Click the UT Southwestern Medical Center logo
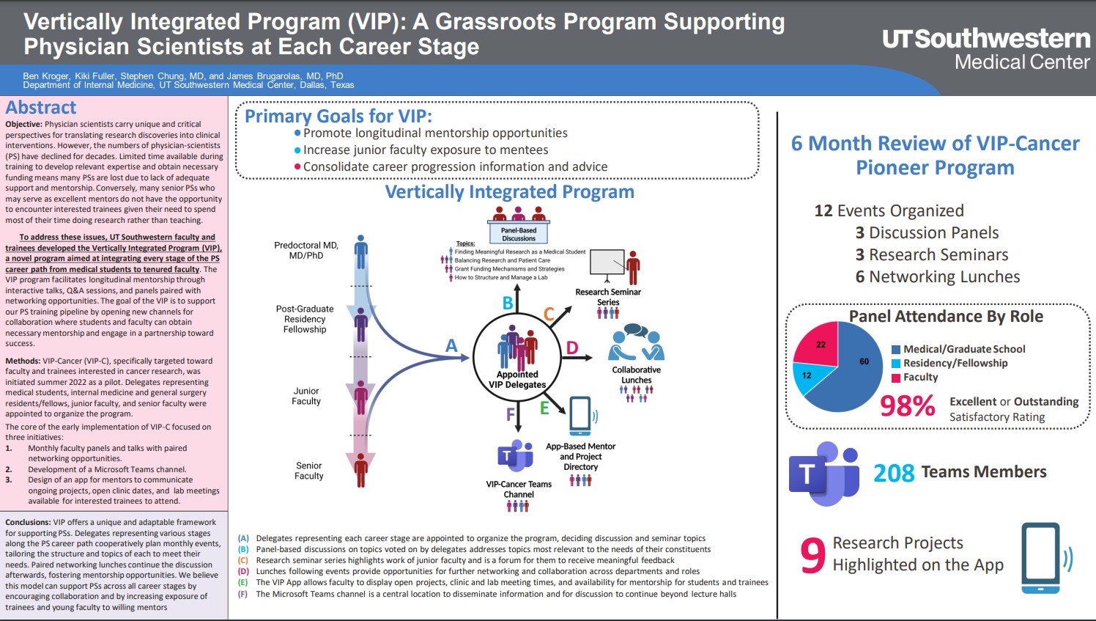(985, 48)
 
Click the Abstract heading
(41, 108)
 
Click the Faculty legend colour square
(895, 378)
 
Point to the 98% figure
(907, 405)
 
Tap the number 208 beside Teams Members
(893, 474)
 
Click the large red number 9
(812, 555)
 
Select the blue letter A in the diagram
(451, 345)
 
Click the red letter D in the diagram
(572, 348)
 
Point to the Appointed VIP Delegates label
(517, 379)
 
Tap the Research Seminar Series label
(608, 297)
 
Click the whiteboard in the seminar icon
(607, 262)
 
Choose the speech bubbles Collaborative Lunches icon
(636, 342)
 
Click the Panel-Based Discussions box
(519, 234)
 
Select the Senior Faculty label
(309, 471)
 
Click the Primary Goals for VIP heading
(338, 117)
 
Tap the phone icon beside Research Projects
(1040, 557)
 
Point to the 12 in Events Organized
(823, 211)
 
